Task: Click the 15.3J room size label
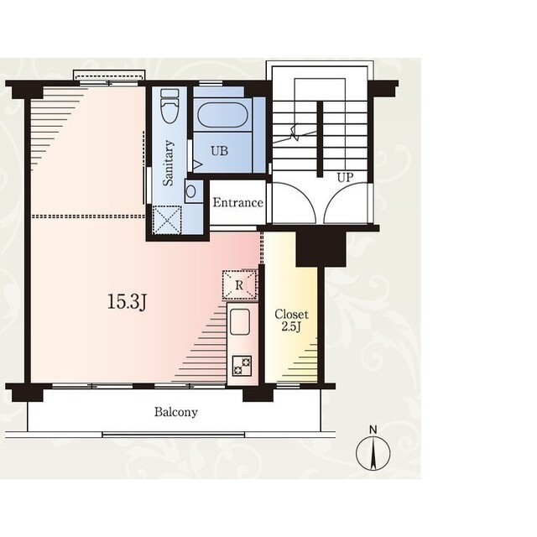(x=128, y=302)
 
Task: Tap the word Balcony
(x=176, y=412)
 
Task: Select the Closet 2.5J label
(x=291, y=321)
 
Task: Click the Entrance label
(x=238, y=202)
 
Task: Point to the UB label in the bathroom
(x=220, y=151)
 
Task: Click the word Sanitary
(x=168, y=163)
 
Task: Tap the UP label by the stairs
(x=345, y=177)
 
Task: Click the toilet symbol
(x=169, y=106)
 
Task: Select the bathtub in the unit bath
(x=222, y=115)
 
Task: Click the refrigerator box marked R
(x=239, y=285)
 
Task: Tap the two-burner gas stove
(x=242, y=366)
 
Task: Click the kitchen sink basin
(x=240, y=322)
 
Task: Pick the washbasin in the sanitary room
(x=191, y=191)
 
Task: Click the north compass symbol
(x=373, y=453)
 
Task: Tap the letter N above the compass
(x=373, y=430)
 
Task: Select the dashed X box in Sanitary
(x=167, y=220)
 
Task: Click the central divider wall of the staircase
(x=320, y=139)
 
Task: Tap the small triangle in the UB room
(x=198, y=165)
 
